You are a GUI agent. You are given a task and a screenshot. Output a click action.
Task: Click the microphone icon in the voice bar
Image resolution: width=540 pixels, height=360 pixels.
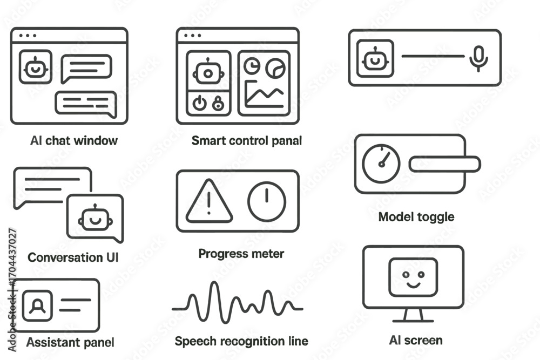tap(478, 58)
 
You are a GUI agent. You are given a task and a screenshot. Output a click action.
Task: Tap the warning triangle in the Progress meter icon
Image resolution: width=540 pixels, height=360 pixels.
tap(209, 201)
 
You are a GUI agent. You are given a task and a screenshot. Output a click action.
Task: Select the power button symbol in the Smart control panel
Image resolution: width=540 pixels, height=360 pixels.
tap(199, 103)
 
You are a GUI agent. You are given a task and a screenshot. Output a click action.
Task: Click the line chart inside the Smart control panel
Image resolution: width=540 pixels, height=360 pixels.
tap(264, 94)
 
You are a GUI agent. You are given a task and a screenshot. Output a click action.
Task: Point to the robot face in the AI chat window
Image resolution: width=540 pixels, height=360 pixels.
tap(36, 67)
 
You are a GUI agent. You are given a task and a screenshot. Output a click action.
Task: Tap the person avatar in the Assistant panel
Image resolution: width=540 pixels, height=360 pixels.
tap(38, 305)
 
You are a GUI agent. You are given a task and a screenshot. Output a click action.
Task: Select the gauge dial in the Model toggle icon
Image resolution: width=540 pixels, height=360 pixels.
tap(381, 163)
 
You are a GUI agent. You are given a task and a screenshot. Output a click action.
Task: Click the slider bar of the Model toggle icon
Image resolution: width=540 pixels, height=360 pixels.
tap(444, 164)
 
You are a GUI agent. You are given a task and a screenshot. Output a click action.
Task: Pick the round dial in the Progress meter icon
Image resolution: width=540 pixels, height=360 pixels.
tap(267, 201)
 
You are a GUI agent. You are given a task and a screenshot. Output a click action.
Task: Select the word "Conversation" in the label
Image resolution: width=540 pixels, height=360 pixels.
tap(65, 257)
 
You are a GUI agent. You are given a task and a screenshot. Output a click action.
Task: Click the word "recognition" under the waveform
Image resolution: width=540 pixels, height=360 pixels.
tap(253, 341)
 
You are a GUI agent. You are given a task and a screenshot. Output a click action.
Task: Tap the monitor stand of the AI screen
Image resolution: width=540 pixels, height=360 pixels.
tap(413, 316)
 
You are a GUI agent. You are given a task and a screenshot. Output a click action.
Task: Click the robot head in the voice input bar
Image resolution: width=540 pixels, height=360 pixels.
tap(375, 58)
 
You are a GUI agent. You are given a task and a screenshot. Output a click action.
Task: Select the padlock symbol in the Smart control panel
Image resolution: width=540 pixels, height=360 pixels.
tap(218, 103)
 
